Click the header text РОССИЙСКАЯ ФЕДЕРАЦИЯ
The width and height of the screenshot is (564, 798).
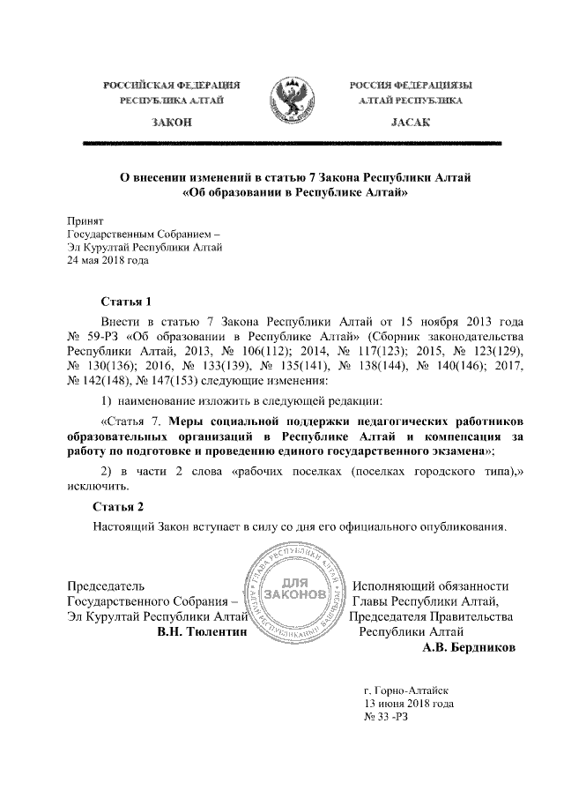[x=172, y=86]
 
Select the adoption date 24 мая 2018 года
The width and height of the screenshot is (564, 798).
[x=108, y=260]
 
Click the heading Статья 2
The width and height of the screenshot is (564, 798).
[x=119, y=506]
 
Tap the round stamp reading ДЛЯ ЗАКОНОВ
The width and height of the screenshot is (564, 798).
[x=296, y=593]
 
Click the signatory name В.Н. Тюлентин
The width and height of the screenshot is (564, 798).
[x=201, y=632]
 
